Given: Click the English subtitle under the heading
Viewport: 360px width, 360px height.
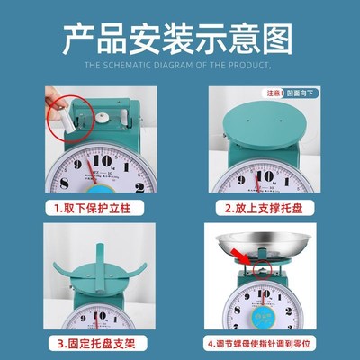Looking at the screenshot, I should pyautogui.click(x=180, y=66).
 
